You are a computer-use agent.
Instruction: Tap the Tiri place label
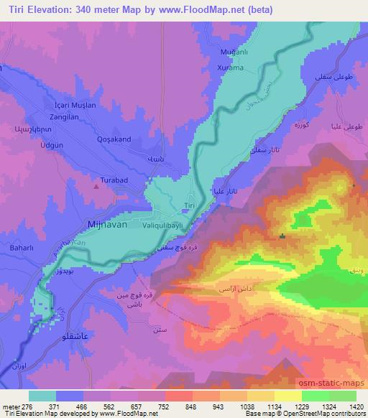pyautogui.click(x=190, y=205)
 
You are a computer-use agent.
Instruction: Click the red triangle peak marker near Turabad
pyautogui.click(x=96, y=186)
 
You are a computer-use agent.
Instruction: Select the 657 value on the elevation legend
pyautogui.click(x=138, y=406)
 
